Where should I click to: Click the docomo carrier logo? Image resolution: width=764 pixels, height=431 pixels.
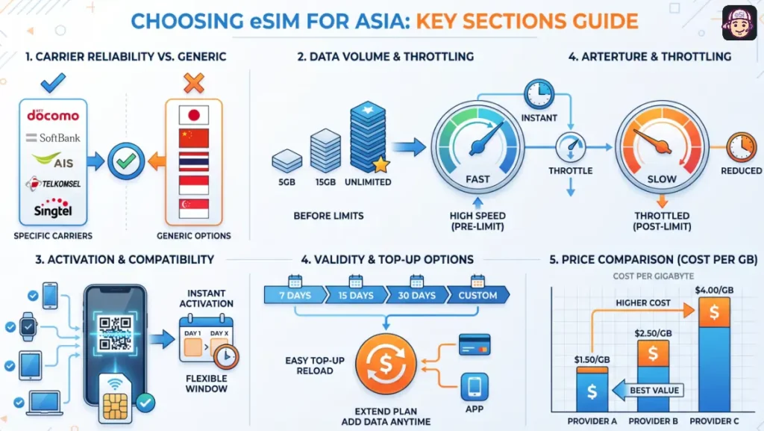[x=52, y=115]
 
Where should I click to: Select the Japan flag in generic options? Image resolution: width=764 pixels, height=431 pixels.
[x=193, y=115]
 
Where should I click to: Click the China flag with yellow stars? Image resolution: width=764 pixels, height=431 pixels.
[x=193, y=139]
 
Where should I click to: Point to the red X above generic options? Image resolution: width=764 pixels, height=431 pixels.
[x=193, y=81]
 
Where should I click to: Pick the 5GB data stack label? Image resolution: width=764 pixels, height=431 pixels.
[x=286, y=182]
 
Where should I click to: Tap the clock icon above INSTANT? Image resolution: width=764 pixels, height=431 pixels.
[x=538, y=95]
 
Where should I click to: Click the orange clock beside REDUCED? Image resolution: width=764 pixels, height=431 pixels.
[x=742, y=146]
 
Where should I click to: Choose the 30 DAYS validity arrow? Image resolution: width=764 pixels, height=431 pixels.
[x=416, y=295]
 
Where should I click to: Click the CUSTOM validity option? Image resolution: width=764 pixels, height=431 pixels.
[x=477, y=295]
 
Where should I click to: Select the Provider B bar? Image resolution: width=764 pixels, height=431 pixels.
[x=653, y=373]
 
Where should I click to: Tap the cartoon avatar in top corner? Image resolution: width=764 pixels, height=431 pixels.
[x=739, y=23]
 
